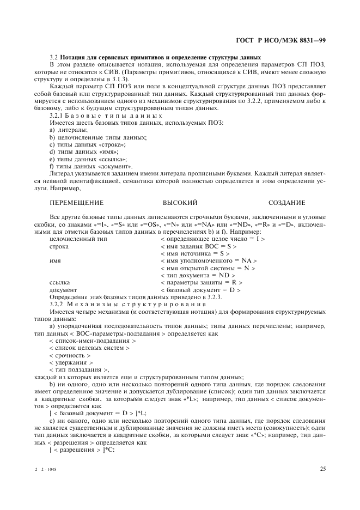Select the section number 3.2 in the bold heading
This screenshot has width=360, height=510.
[x=53, y=58]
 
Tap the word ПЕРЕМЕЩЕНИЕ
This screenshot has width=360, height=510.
[x=76, y=202]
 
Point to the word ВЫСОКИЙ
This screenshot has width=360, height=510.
[x=180, y=202]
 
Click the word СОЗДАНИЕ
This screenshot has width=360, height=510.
[x=287, y=202]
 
